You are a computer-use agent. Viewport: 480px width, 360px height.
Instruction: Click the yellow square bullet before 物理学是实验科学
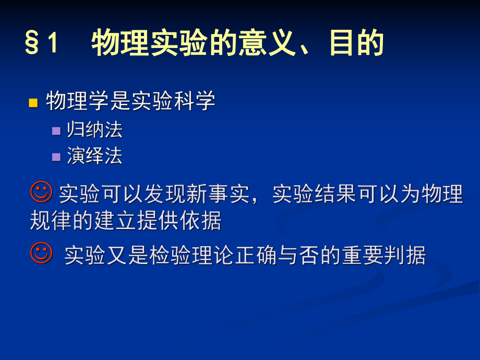tap(33, 102)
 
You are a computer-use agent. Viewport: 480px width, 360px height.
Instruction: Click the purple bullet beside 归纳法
tap(56, 130)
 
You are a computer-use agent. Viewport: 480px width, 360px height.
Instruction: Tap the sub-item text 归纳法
tap(94, 130)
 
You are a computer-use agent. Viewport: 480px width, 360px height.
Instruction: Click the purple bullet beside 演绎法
tap(56, 157)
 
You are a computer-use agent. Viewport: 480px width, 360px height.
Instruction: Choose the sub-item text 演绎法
tap(94, 156)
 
